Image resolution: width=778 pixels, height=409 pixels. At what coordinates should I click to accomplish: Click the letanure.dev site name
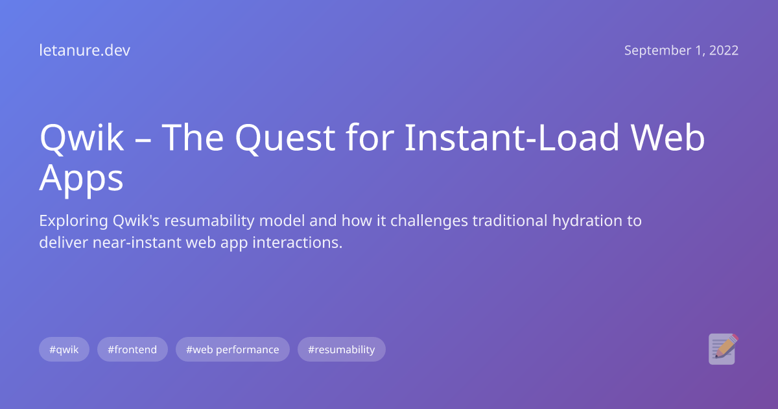84,51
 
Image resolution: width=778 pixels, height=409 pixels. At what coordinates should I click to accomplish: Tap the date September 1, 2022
681,51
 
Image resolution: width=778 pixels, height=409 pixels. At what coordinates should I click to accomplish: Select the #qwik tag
64,349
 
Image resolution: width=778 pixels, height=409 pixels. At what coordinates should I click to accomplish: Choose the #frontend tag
132,349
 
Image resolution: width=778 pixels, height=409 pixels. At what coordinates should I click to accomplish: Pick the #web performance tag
232,349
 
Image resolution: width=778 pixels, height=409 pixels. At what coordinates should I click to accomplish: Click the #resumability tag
341,349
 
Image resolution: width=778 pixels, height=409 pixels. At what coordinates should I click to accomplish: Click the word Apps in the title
81,178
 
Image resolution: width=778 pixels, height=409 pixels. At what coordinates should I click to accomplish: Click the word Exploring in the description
68,221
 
